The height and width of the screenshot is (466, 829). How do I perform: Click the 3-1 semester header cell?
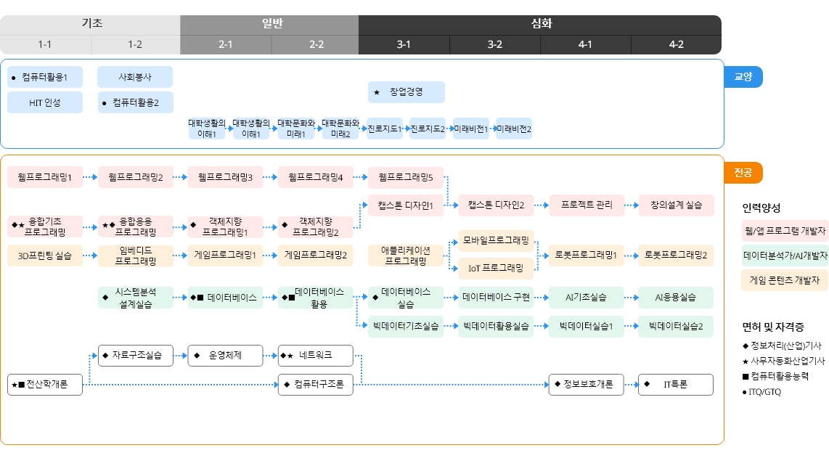coord(404,44)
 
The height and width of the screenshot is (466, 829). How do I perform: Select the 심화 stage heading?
coord(541,23)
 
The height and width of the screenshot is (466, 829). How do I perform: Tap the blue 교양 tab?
coord(743,77)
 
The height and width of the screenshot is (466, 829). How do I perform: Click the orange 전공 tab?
coord(743,173)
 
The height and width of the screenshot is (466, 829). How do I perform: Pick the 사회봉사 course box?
coord(135,77)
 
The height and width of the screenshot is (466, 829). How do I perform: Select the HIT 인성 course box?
coord(45,102)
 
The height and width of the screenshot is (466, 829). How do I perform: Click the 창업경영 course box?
coord(406,92)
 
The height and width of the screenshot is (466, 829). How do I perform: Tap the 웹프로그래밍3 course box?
coord(225,177)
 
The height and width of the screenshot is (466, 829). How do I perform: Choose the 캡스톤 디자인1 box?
coord(406,205)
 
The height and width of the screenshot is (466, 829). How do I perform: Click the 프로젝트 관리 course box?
coord(587,205)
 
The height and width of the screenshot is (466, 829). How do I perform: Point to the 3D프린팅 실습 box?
coord(45,256)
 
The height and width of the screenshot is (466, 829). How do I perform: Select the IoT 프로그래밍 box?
coord(496,268)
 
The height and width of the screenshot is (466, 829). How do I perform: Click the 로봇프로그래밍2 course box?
coord(676,255)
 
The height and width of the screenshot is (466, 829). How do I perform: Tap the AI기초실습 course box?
coord(587,298)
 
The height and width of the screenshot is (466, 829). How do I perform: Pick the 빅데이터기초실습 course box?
coord(406,327)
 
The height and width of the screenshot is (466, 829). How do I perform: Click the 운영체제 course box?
coord(225,356)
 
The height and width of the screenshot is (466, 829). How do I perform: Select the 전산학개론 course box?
coord(45,385)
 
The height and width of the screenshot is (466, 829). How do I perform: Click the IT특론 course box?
coord(676,385)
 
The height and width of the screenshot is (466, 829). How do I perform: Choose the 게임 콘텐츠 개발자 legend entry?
coord(785,279)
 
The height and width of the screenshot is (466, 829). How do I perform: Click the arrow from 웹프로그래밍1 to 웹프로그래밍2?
coord(91,177)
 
